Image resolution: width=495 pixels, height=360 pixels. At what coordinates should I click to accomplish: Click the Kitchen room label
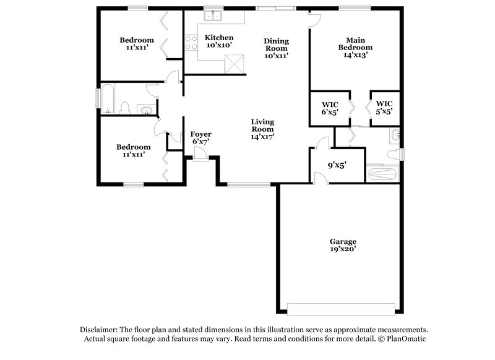pyautogui.click(x=219, y=38)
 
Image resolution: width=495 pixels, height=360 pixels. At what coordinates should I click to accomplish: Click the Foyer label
pyautogui.click(x=200, y=134)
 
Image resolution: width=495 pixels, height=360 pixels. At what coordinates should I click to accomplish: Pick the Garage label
pyautogui.click(x=342, y=241)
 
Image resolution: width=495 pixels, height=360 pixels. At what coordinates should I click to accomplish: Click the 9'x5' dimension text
pyautogui.click(x=336, y=165)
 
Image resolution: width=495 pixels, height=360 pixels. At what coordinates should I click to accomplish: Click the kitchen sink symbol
pyautogui.click(x=215, y=16)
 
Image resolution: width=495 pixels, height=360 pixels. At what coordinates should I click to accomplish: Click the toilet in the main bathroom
pyautogui.click(x=392, y=154)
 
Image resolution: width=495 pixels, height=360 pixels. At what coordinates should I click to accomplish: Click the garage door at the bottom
pyautogui.click(x=341, y=309)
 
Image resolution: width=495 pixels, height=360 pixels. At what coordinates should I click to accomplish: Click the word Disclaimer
pyautogui.click(x=100, y=330)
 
